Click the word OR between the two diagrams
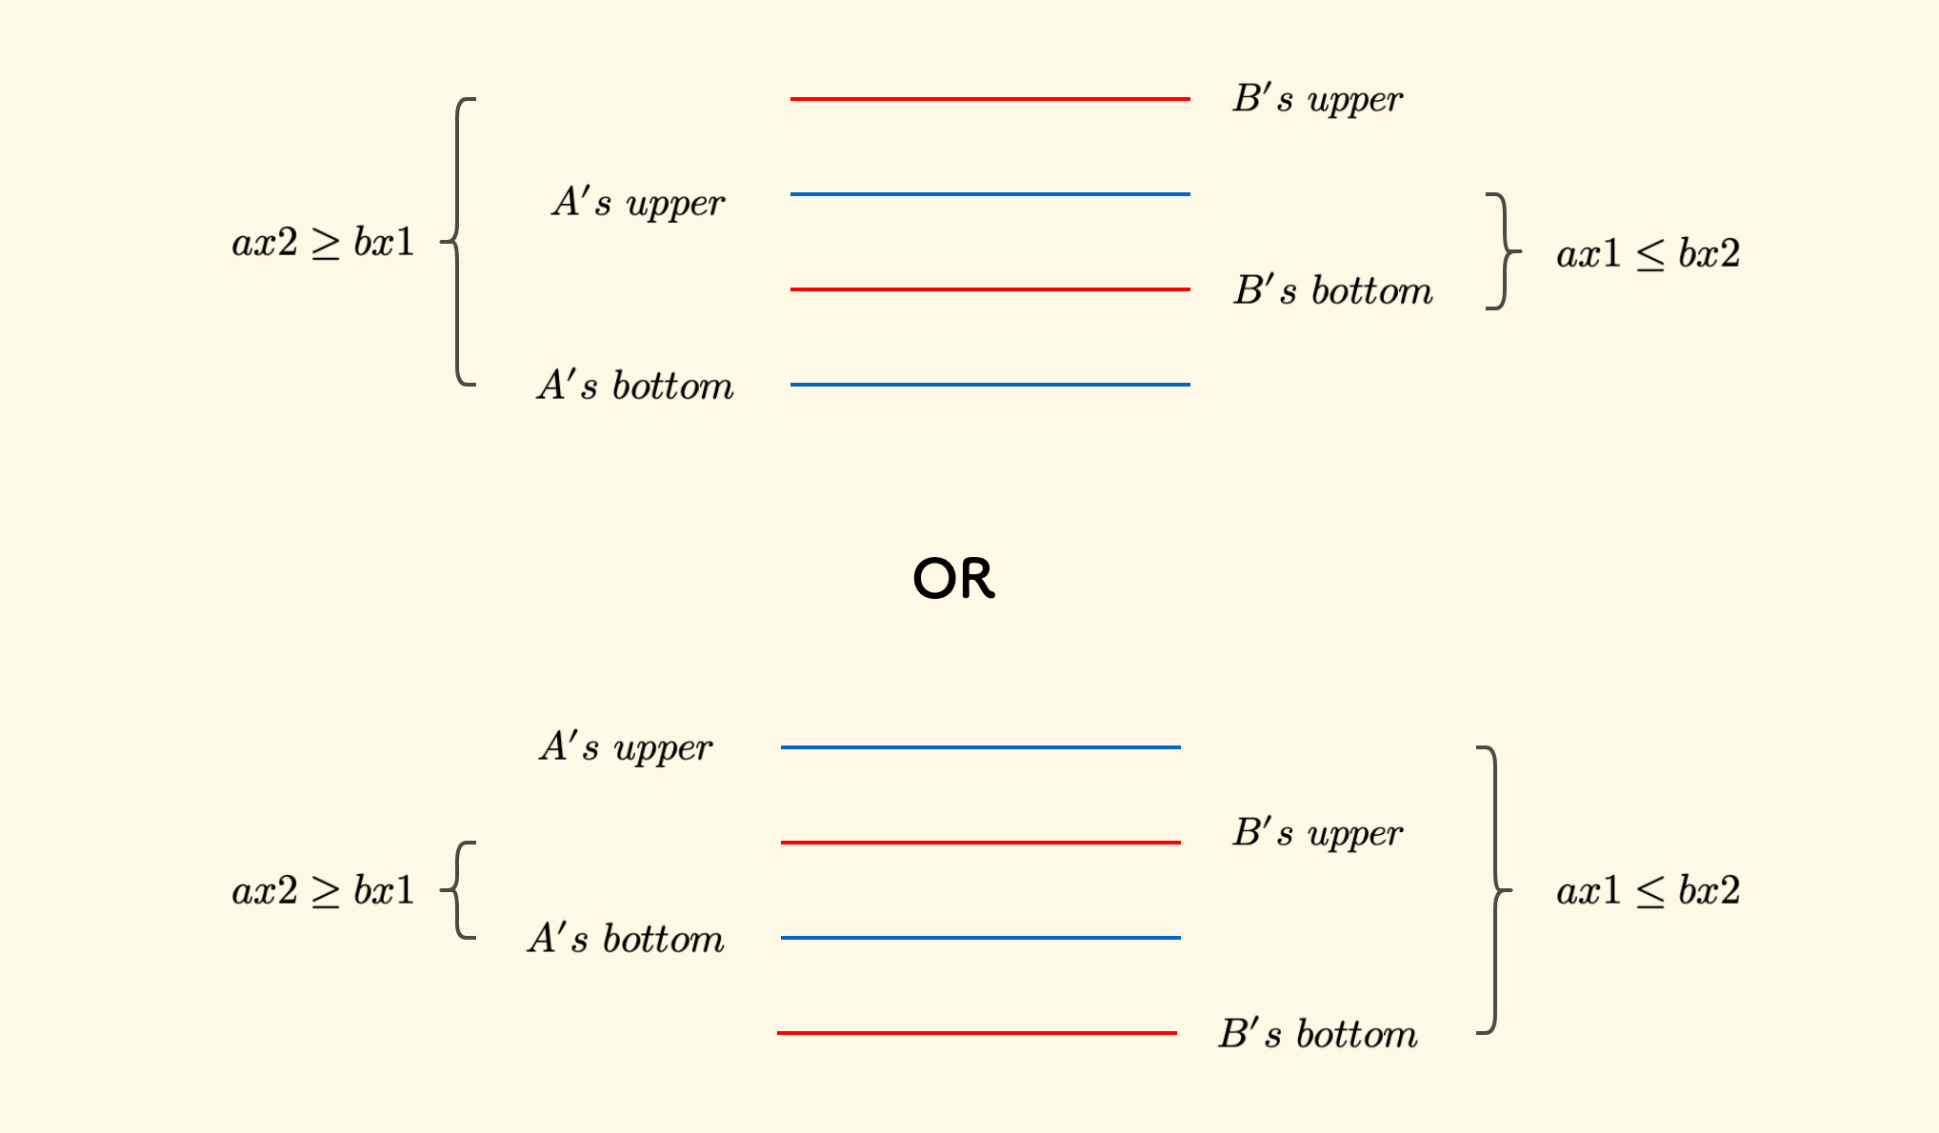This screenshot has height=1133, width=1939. [x=953, y=578]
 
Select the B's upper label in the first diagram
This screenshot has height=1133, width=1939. [x=1317, y=99]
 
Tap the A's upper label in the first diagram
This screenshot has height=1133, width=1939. [x=638, y=202]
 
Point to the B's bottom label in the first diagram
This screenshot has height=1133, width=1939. [x=1332, y=290]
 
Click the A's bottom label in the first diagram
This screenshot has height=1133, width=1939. [x=635, y=386]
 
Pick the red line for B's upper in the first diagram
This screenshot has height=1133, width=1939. [x=989, y=99]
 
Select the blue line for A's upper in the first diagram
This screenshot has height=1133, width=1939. [x=989, y=194]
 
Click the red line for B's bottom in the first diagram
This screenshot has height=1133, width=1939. [x=989, y=289]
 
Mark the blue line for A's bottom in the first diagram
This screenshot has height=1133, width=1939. [x=989, y=385]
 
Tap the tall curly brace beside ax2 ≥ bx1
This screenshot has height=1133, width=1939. [x=459, y=242]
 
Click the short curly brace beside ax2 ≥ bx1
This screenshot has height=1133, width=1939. [x=459, y=890]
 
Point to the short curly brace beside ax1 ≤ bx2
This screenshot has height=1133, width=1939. [x=1503, y=251]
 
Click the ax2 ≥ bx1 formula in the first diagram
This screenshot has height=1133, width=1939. [x=323, y=243]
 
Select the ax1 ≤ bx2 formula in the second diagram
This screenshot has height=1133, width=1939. [x=1648, y=891]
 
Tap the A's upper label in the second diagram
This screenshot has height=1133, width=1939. [x=626, y=747]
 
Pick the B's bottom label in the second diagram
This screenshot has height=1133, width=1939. [x=1318, y=1034]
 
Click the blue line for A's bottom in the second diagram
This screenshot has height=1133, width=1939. [x=980, y=938]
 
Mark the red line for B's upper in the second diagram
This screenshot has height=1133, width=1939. [x=980, y=843]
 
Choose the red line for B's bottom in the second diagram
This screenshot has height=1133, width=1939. [x=976, y=1033]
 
